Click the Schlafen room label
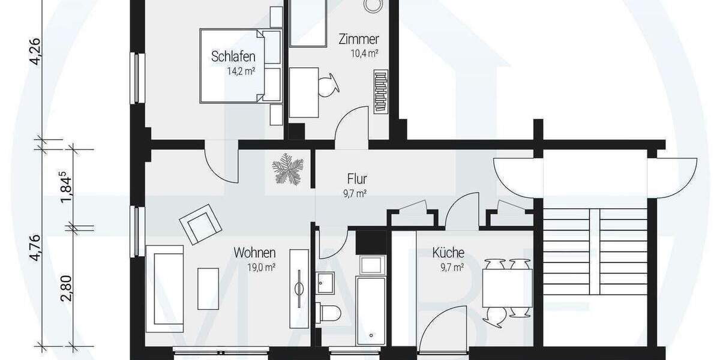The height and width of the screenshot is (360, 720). [233, 56]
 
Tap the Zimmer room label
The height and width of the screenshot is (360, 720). [358, 40]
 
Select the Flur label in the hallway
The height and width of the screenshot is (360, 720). [356, 179]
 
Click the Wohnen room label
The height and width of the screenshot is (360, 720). [255, 253]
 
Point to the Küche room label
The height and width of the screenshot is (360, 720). [448, 253]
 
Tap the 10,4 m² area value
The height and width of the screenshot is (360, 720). [364, 53]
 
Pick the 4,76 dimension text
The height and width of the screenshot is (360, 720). [37, 247]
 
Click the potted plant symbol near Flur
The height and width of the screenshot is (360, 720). [286, 168]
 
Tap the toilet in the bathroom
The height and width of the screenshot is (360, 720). [329, 311]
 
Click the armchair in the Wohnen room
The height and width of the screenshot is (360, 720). [199, 224]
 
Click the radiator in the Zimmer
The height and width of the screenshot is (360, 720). [381, 92]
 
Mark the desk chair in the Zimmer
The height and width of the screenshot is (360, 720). [329, 85]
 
